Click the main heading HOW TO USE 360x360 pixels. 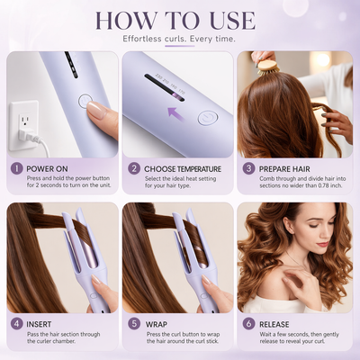coord(180,20)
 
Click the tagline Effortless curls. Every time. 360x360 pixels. coord(180,40)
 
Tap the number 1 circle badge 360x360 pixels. coord(15,167)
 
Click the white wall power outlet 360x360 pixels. coord(24,120)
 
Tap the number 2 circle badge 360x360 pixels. coord(133,167)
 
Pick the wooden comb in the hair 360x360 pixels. coord(264,62)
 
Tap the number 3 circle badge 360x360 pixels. coord(248,167)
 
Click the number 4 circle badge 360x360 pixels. coord(15,322)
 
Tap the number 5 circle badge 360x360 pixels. coord(133,322)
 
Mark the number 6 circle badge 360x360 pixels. coord(248,322)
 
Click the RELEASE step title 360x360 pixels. coord(281,322)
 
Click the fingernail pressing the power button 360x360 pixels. coord(96,110)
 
